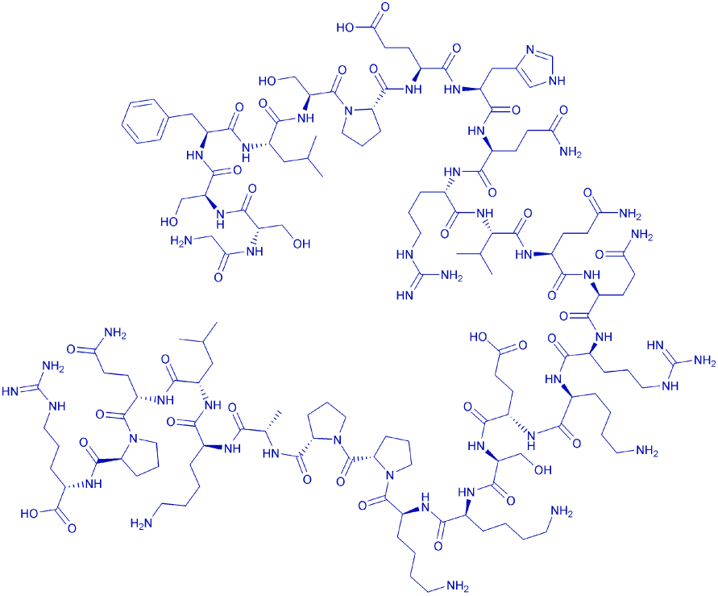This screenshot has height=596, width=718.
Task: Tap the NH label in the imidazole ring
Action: (x=556, y=81)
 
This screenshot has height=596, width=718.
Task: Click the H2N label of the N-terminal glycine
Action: (x=180, y=240)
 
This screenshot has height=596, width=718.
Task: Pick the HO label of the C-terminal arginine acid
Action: (x=30, y=514)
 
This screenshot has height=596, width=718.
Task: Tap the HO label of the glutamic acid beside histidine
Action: (x=346, y=28)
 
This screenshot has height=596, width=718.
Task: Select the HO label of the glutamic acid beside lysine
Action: (x=479, y=338)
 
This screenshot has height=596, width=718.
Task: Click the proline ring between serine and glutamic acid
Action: (x=362, y=123)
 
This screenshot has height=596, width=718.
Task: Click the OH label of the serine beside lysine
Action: (x=542, y=469)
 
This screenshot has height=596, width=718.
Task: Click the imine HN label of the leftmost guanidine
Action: (x=11, y=391)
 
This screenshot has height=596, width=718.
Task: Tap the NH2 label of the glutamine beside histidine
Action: (x=570, y=152)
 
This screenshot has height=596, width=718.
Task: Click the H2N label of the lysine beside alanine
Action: (x=141, y=523)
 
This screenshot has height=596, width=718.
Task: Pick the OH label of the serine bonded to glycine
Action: (x=301, y=244)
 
